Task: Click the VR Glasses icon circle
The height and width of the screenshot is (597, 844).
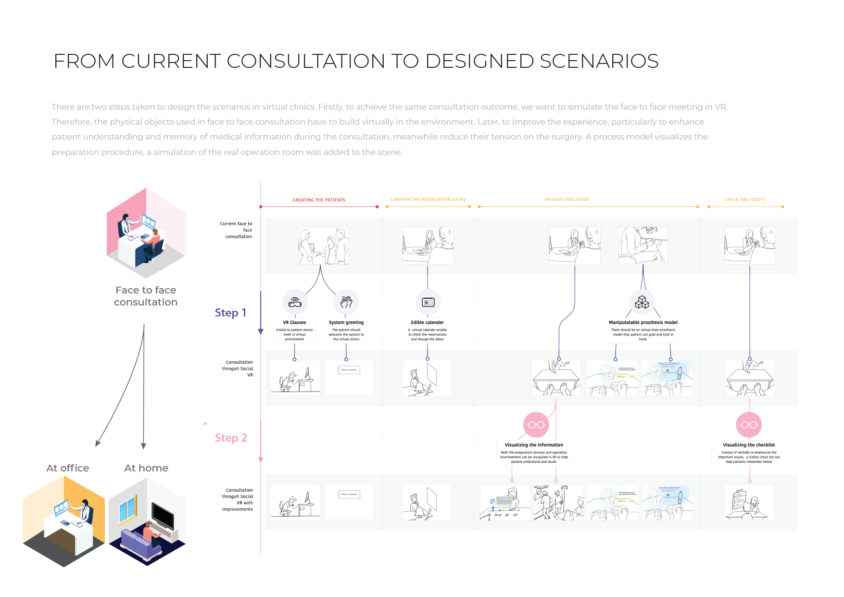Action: [295, 302]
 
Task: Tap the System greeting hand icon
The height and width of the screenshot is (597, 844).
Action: [346, 302]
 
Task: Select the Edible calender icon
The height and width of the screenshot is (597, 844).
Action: [428, 302]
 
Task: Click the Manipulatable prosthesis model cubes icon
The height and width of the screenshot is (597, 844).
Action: [642, 302]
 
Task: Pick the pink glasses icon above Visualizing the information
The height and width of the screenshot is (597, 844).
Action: [536, 425]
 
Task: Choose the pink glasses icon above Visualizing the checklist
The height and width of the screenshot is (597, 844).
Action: [749, 425]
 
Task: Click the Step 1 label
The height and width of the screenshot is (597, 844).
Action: [230, 313]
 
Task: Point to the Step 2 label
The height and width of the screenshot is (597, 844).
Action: [231, 438]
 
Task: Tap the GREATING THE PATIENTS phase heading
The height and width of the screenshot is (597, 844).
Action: [319, 200]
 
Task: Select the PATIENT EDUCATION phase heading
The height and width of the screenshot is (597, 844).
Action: [567, 200]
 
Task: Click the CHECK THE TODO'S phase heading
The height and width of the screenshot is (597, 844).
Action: [744, 200]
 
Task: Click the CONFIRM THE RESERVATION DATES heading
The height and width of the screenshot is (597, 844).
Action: [428, 200]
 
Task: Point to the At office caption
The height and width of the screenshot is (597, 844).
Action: [67, 468]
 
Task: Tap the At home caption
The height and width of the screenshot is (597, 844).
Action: [146, 468]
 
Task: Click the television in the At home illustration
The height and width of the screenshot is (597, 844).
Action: [163, 515]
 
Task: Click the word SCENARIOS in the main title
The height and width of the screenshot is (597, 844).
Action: [599, 61]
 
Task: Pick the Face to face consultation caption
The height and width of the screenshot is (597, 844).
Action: [146, 296]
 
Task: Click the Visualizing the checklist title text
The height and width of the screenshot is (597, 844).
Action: [749, 445]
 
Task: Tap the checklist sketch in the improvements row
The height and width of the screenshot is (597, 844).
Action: [749, 502]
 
